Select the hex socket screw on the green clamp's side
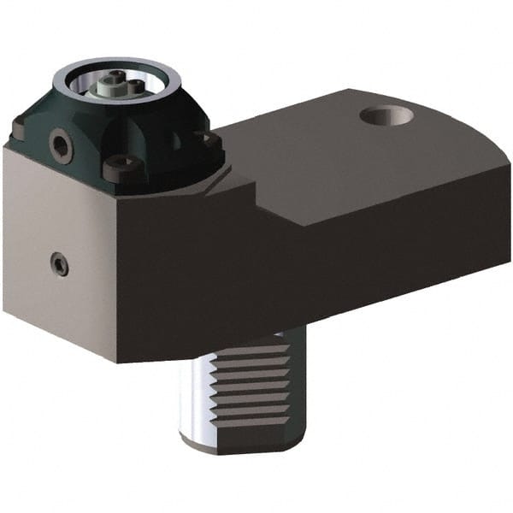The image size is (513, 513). click(x=62, y=146)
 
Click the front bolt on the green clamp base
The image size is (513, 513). click(x=121, y=167)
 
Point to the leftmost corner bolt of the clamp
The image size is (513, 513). click(x=20, y=128)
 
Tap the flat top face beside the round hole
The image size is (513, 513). click(x=325, y=154)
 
